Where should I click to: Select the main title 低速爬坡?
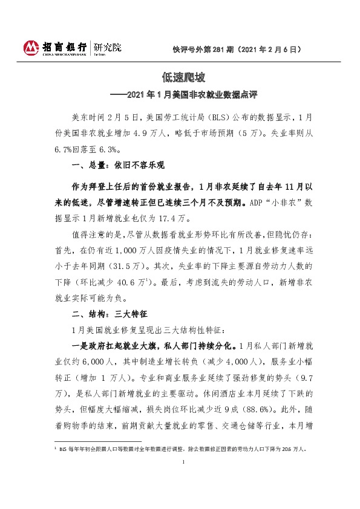click(180, 78)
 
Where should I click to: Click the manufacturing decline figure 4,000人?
click(243, 362)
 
